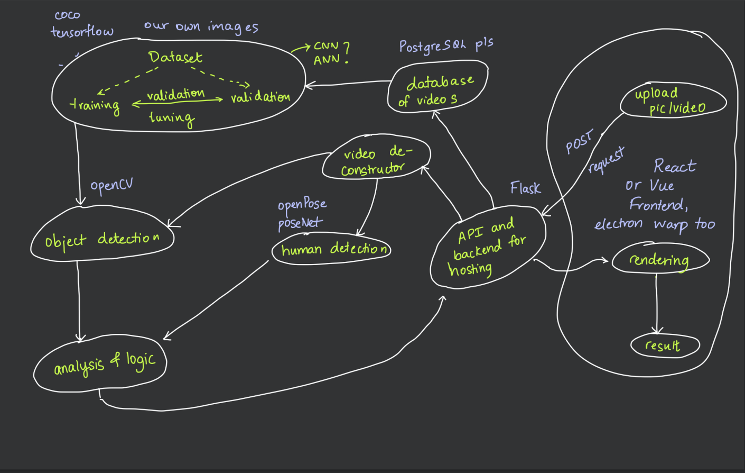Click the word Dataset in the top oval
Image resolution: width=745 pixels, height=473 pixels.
click(175, 57)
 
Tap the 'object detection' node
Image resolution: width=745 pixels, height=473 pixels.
click(103, 239)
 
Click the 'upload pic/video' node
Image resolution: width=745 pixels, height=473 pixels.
click(671, 101)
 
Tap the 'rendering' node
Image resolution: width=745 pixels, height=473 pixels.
click(659, 260)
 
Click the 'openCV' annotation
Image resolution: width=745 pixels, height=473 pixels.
click(111, 185)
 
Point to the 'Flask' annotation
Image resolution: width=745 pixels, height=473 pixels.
click(525, 188)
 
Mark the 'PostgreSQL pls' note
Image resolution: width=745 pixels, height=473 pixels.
click(446, 46)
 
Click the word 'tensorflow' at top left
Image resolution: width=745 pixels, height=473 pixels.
click(82, 32)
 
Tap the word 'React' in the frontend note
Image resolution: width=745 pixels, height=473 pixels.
click(675, 166)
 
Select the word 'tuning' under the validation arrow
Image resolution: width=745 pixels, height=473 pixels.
click(172, 117)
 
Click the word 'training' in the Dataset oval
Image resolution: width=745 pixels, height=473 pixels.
click(95, 105)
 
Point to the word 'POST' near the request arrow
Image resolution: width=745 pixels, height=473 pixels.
click(579, 142)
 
